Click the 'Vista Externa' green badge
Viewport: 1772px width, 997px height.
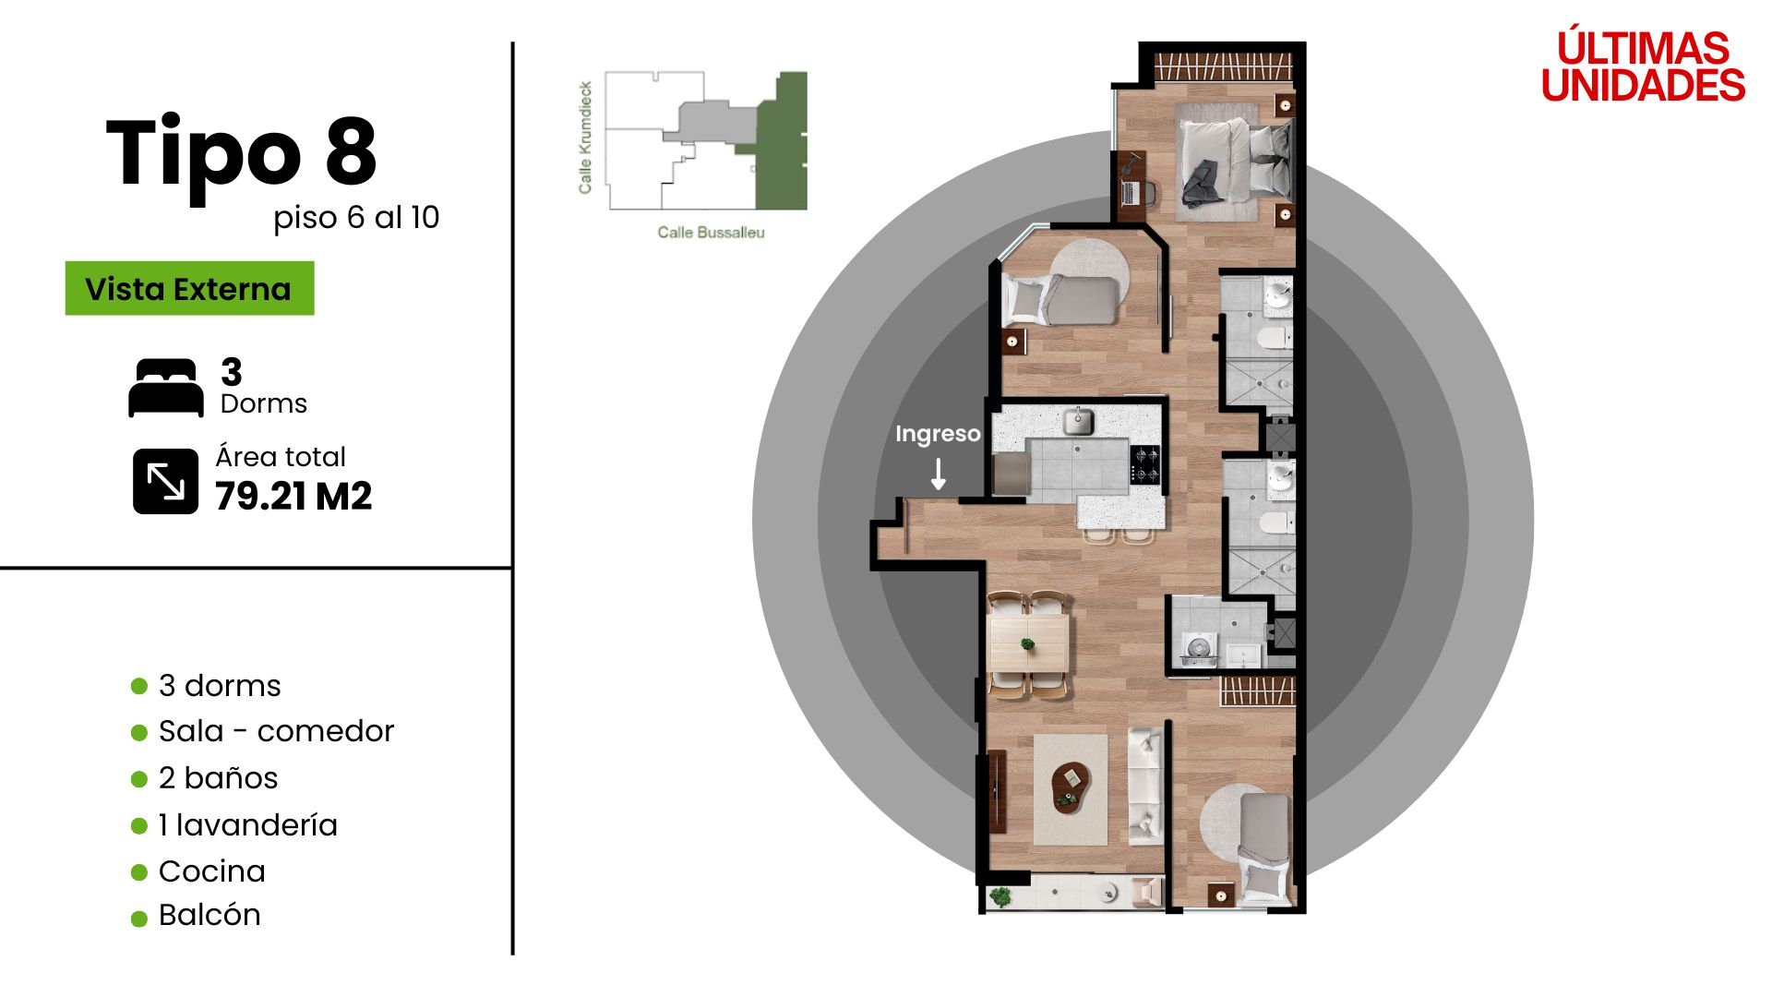point(189,288)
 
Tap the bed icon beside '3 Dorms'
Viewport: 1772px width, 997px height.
point(166,388)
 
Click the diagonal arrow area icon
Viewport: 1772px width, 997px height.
point(165,481)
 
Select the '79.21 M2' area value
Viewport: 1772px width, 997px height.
point(293,497)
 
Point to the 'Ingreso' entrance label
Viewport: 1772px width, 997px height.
point(938,434)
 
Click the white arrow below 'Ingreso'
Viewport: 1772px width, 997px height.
point(939,474)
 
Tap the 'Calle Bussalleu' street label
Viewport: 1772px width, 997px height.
point(711,233)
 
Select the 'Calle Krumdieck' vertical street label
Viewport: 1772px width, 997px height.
point(585,138)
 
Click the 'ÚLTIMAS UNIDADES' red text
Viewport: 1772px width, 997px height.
point(1643,66)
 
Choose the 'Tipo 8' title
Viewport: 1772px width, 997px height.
point(242,153)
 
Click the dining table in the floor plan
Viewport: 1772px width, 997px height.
point(1028,643)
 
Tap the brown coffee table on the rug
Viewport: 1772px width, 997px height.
point(1071,787)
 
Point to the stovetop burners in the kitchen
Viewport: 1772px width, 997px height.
point(1145,464)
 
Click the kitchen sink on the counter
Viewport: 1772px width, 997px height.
point(1078,421)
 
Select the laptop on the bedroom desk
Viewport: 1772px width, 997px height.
point(1130,193)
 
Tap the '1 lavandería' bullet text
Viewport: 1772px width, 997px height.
point(248,824)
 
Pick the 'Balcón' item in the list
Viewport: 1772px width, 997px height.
point(210,915)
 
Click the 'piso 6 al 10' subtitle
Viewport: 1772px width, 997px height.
point(356,218)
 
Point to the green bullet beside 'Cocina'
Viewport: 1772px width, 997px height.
point(139,872)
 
